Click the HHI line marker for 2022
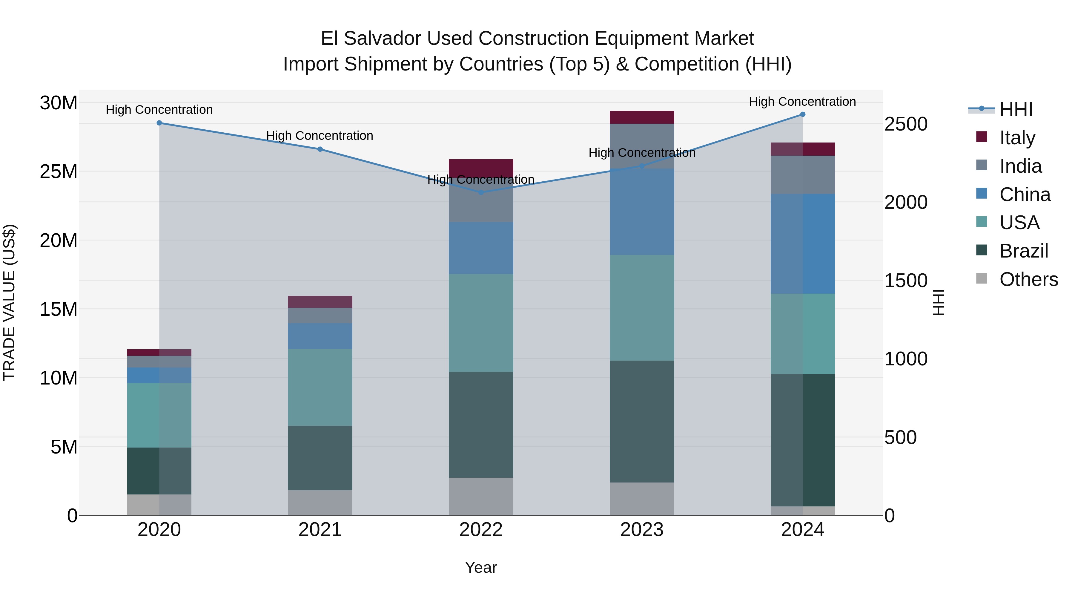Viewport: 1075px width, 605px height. (x=481, y=192)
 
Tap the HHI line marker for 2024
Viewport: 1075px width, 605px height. (x=802, y=114)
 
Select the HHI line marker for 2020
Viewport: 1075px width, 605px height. (x=159, y=123)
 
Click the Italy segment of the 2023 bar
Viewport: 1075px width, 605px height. (x=642, y=117)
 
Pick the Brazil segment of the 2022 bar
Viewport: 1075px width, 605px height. (x=481, y=425)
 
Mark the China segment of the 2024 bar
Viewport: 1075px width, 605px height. (x=802, y=244)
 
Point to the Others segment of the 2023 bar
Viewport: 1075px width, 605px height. (x=642, y=499)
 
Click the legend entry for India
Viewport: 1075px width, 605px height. (x=1020, y=166)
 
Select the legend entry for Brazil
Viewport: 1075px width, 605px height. (x=1024, y=251)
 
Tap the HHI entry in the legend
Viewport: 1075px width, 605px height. (x=1016, y=109)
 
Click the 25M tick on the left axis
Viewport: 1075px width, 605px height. (x=59, y=171)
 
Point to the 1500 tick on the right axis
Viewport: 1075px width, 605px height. (x=906, y=281)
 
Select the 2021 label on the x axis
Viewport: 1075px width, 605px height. (x=320, y=530)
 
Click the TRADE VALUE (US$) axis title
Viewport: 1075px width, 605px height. (x=10, y=302)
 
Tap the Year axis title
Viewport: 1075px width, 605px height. (x=481, y=567)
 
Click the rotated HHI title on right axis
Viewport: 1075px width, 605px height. (x=939, y=302)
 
